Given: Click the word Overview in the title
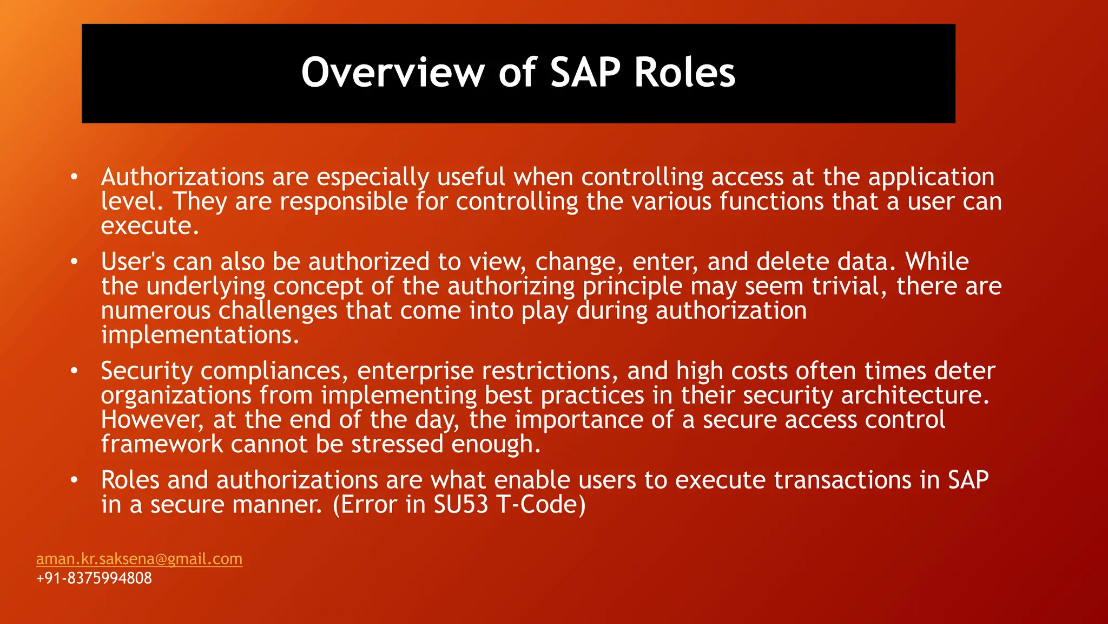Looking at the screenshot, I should point(393,73).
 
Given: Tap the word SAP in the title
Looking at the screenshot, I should point(585,73).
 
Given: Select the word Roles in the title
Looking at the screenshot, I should point(684,73).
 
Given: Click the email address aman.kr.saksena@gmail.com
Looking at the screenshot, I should point(139,558).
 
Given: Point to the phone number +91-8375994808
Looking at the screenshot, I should point(94,578).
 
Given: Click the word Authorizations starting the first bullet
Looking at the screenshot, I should point(182,177).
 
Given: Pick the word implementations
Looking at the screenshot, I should point(200,335).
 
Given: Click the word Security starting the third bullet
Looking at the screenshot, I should point(147,372).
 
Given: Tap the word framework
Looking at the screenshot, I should point(162,444).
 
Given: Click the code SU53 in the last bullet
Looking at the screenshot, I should point(460,505).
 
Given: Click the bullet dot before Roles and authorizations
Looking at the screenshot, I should point(74,480).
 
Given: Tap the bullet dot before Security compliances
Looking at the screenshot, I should point(74,371).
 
